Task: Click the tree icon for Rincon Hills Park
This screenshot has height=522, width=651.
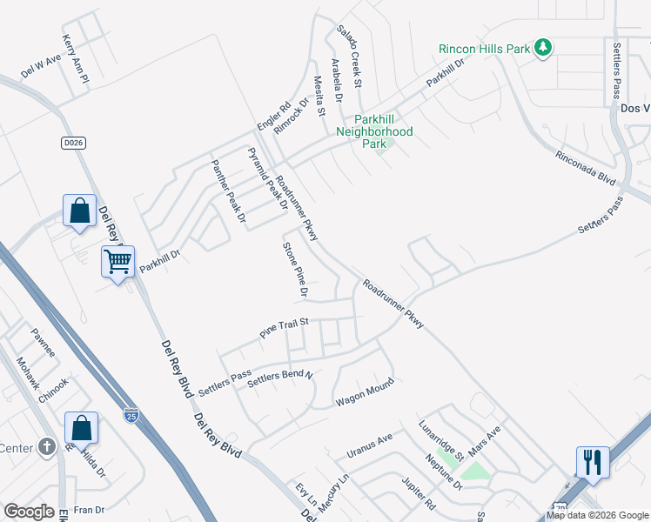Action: click(543, 47)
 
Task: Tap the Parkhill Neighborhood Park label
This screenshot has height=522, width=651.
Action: click(374, 131)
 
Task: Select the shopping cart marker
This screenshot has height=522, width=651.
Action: click(117, 260)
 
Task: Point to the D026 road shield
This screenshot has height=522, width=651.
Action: click(72, 142)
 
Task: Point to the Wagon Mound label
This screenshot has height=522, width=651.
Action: click(359, 397)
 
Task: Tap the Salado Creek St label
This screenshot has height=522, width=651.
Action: click(350, 56)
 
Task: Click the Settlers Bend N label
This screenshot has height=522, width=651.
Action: click(279, 378)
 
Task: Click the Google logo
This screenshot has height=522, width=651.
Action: click(30, 512)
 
